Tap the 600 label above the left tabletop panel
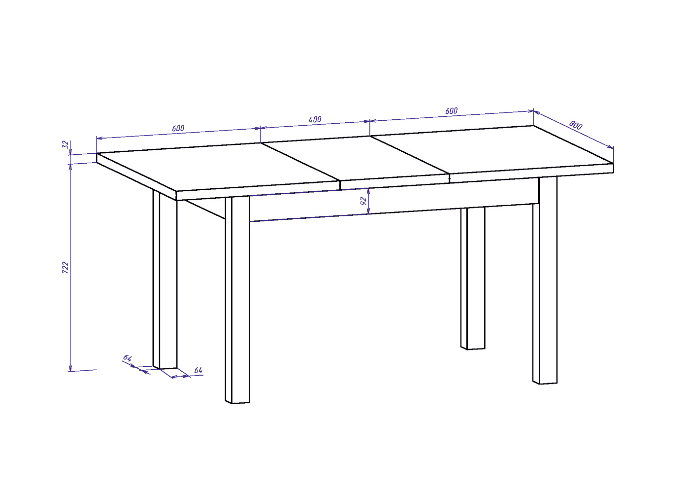pos(178,128)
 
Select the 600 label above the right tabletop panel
pos(451,111)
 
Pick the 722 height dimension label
pos(65,268)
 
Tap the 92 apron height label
pos(364,201)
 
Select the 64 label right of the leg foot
pos(198,370)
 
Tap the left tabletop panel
pos(218,167)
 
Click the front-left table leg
pos(237,300)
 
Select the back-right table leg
pos(473,278)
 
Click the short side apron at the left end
pos(206,210)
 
